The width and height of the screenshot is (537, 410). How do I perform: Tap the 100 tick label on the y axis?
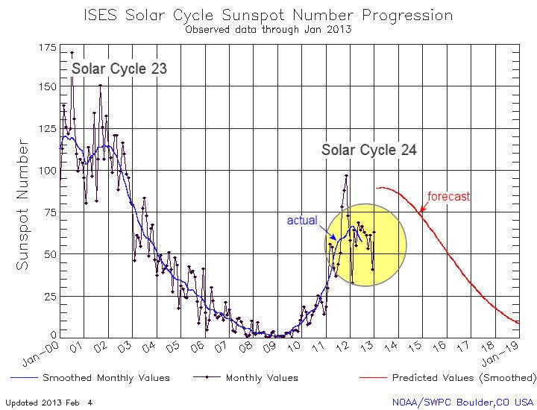[x=45, y=171]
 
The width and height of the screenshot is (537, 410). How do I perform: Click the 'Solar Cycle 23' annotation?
[x=119, y=69]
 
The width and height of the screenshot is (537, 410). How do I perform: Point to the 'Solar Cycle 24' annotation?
[x=368, y=150]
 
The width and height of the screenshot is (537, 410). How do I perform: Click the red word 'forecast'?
[x=449, y=197]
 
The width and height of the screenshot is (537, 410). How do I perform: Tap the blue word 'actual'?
[x=303, y=221]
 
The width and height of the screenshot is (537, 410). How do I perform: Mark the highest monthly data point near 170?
[x=72, y=53]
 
